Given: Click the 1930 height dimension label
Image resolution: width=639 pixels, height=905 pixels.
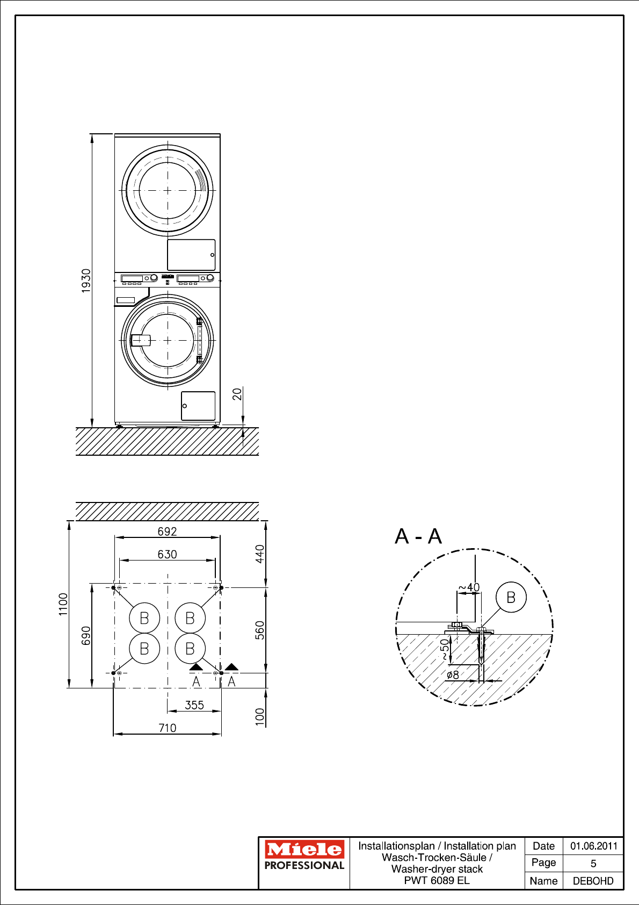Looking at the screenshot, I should tap(86, 281).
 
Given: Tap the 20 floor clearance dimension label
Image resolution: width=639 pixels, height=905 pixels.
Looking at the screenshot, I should tap(237, 394).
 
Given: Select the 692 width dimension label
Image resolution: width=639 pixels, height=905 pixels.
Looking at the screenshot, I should tap(167, 531).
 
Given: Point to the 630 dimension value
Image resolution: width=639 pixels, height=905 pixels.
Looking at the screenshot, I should tap(167, 554).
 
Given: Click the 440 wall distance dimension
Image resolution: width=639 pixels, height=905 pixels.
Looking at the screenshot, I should tap(259, 554).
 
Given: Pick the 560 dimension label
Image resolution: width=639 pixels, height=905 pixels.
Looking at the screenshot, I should tap(259, 630).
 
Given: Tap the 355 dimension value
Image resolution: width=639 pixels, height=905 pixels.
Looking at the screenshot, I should tap(194, 705).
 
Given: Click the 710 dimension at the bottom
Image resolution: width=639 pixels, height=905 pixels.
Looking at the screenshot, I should tap(167, 728).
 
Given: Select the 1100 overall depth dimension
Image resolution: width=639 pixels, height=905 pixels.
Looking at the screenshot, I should tap(63, 604).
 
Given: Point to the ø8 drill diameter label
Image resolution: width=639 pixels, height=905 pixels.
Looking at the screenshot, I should tap(453, 674).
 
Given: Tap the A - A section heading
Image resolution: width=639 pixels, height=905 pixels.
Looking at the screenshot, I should tap(418, 536).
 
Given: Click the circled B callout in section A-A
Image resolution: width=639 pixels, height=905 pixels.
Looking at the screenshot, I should tap(511, 597).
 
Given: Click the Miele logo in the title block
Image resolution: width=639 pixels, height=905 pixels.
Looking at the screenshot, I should tap(304, 849).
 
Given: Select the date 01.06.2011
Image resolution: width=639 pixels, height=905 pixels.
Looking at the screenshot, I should tap(593, 846).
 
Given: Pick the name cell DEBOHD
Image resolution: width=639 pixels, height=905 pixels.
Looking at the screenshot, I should tap(593, 881).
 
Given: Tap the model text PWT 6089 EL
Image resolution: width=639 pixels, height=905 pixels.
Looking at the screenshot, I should tap(437, 880).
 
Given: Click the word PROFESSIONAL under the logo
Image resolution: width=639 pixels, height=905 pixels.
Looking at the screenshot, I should tap(304, 865).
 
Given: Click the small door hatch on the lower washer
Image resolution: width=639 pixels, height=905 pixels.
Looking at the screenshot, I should tap(198, 406).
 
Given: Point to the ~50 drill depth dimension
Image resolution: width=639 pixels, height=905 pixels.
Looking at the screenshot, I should tap(444, 649).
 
